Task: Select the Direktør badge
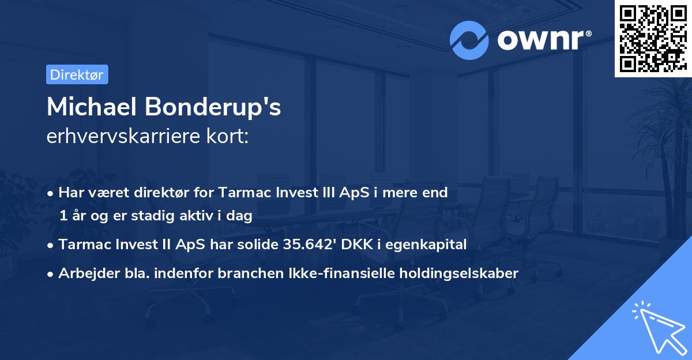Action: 77,74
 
